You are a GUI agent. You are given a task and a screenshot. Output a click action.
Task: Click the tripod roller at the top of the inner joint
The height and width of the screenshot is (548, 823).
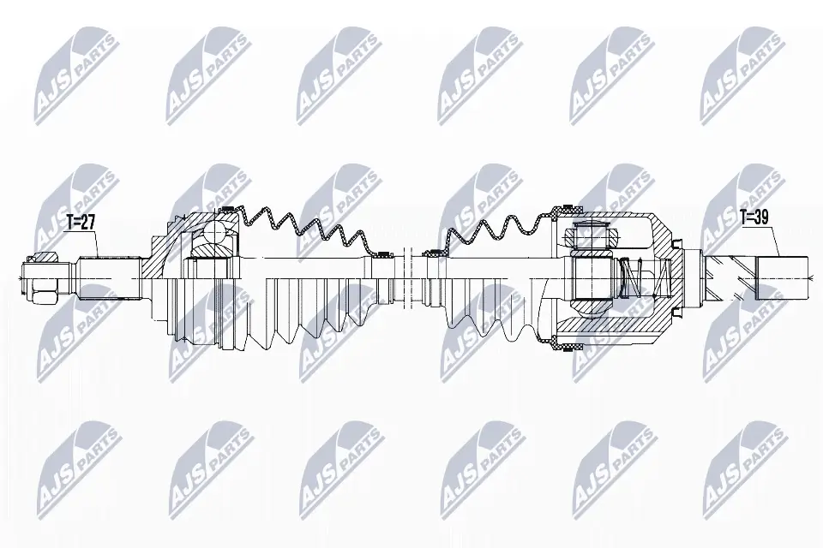589,234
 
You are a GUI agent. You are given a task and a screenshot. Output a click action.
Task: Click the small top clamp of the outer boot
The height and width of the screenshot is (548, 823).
382,253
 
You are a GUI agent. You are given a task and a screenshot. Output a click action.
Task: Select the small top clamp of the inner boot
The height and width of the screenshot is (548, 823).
435,252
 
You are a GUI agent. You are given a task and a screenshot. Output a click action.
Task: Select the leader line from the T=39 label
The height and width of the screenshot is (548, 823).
768,241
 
